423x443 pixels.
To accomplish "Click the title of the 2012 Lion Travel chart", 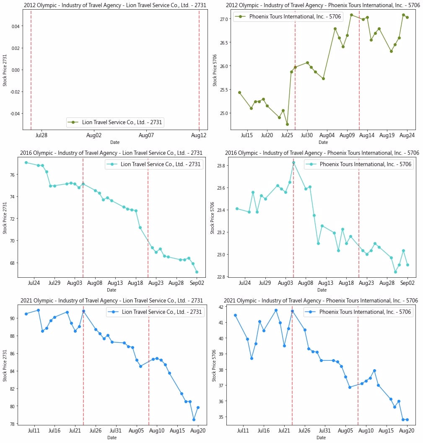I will [x=113, y=5].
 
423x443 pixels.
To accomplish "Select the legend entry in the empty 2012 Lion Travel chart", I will [x=115, y=122].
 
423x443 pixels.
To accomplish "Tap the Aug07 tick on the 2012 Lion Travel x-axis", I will [x=146, y=135].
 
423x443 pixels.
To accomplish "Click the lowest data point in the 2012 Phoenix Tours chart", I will [x=287, y=124].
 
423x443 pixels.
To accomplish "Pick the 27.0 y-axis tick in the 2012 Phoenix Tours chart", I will [x=223, y=19].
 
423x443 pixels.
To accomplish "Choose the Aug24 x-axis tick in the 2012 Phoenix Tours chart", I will [x=407, y=135].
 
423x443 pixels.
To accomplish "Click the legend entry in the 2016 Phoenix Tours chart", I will [x=359, y=165].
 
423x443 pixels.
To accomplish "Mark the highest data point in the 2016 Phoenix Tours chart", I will [x=293, y=162].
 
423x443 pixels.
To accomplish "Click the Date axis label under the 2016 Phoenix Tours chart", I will [x=322, y=290].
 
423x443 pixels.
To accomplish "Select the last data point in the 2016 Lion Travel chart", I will [x=197, y=272].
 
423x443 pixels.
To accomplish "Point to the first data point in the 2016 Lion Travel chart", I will [x=26, y=162].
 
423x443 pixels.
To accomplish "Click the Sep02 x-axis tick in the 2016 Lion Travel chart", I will [x=197, y=283].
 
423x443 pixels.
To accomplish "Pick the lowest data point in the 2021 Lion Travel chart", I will [x=194, y=420].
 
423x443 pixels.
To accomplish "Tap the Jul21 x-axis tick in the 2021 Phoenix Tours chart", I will [x=284, y=430].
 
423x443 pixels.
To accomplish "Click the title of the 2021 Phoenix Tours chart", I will [x=321, y=300].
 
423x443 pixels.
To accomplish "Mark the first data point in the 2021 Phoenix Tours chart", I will [x=235, y=315].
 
